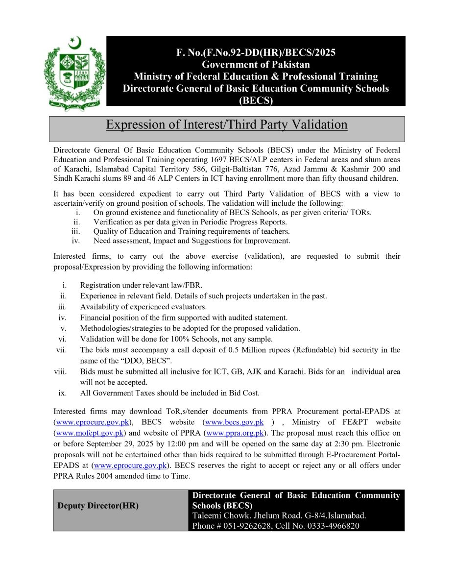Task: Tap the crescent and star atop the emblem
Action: [x=74, y=43]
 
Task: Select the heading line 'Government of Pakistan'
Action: [x=256, y=65]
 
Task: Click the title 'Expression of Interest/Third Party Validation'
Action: [x=227, y=125]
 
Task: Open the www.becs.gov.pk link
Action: [x=234, y=422]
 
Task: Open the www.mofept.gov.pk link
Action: [x=90, y=433]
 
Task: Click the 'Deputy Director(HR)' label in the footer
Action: [x=98, y=506]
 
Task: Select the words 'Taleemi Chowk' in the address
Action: [x=216, y=516]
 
